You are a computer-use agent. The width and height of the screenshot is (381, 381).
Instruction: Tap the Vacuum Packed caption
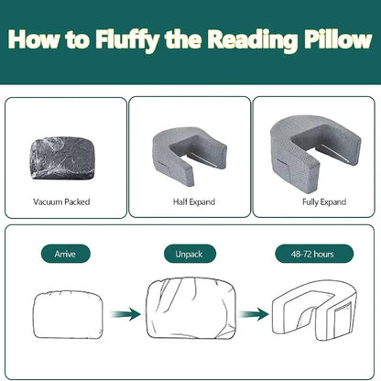tap(61, 201)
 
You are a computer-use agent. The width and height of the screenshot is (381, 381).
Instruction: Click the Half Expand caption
tap(190, 201)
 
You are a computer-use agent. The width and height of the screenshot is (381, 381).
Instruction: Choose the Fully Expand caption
tap(313, 201)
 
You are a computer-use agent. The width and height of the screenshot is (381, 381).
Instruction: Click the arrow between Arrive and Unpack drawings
tap(125, 314)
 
